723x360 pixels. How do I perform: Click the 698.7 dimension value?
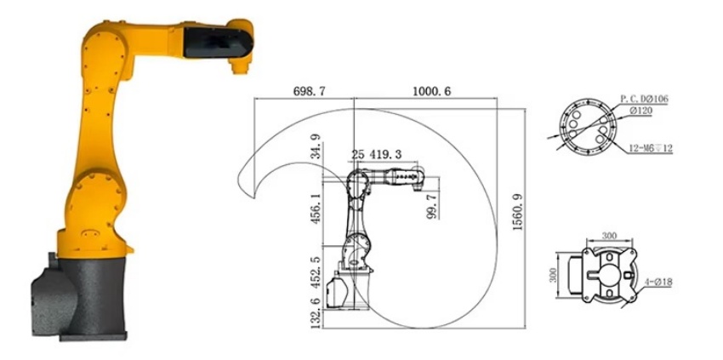[x=309, y=91]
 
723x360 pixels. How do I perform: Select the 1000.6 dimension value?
[x=431, y=91]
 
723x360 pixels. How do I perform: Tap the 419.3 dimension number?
[x=384, y=154]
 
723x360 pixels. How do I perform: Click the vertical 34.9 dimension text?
[x=316, y=146]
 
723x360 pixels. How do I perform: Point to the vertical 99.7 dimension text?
[x=432, y=206]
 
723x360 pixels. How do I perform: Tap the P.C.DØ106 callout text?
[x=644, y=99]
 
